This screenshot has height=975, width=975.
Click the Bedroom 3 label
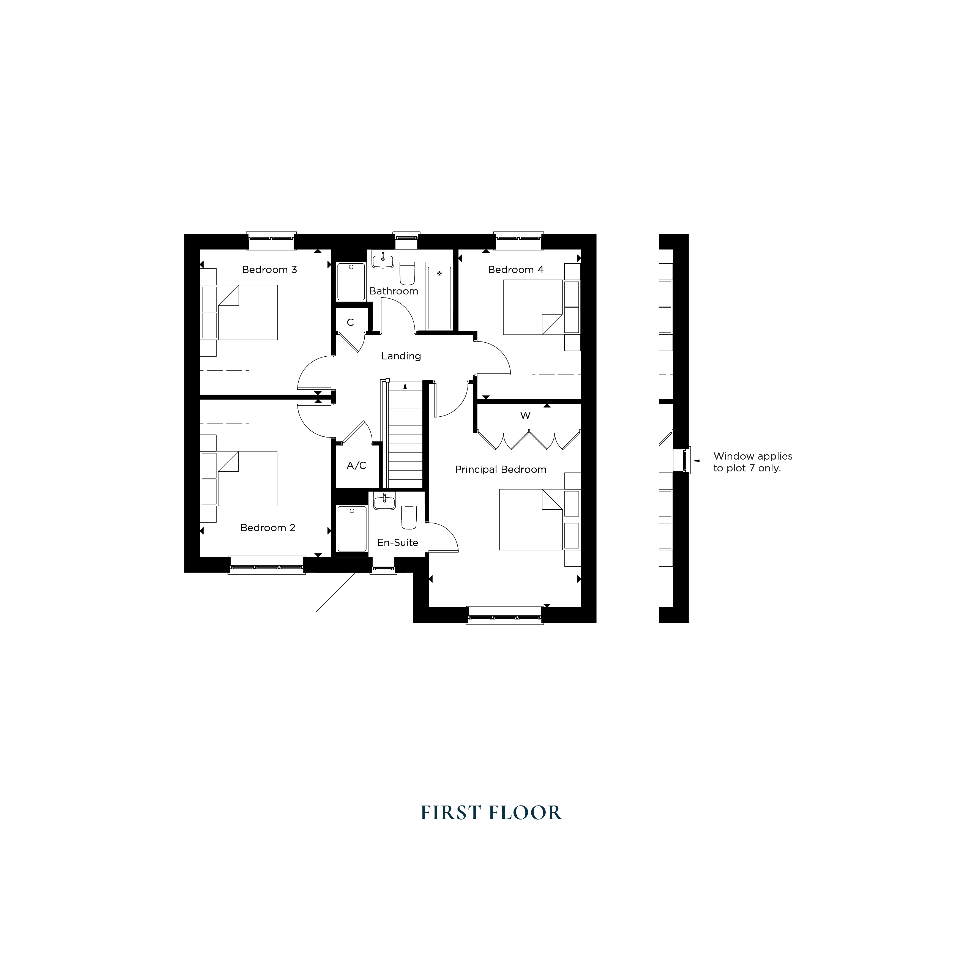click(269, 269)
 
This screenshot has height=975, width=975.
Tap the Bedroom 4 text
click(516, 269)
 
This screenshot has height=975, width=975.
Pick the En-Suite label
click(398, 542)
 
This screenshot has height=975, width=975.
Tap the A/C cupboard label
click(356, 465)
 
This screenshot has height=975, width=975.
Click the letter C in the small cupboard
click(350, 323)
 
